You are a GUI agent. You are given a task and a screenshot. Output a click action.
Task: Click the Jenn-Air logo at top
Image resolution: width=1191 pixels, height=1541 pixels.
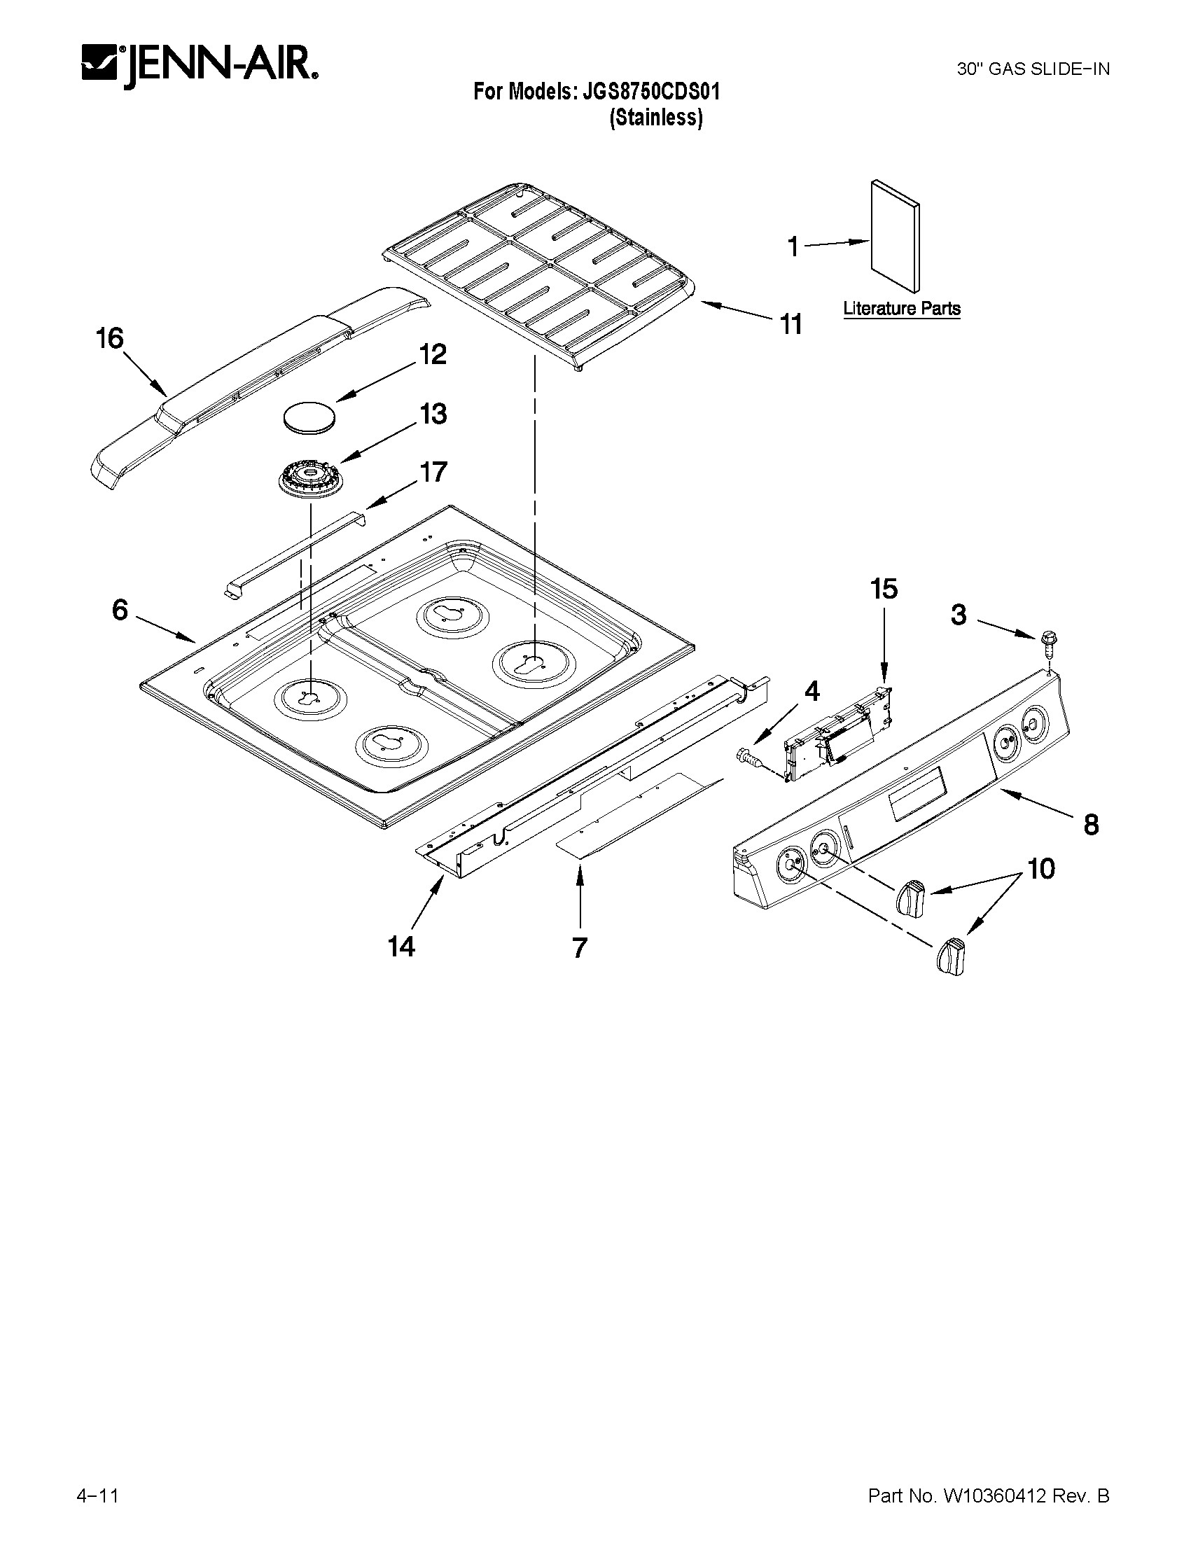point(200,67)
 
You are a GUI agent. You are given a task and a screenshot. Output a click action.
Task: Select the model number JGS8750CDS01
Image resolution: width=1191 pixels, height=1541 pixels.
point(650,92)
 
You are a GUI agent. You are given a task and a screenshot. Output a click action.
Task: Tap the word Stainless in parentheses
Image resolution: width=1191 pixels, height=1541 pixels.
point(655,118)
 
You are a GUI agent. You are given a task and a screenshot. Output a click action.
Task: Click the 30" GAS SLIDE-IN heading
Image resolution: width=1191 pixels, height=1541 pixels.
point(1032,69)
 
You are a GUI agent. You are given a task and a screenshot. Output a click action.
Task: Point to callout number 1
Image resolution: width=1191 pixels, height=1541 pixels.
point(793,247)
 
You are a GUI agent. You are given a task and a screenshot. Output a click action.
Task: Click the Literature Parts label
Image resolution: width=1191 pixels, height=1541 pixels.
point(902,308)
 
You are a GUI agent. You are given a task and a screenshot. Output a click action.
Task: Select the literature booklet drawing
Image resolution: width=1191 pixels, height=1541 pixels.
point(895,235)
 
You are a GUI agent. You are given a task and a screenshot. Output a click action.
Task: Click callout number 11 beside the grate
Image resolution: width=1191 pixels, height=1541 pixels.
point(791,325)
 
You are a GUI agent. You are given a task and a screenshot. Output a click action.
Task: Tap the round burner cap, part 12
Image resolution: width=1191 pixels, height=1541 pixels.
point(308,417)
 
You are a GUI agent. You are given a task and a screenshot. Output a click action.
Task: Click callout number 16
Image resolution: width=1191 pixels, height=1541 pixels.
point(110,339)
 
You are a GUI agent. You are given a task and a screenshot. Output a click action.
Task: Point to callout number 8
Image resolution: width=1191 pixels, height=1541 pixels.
point(1091,824)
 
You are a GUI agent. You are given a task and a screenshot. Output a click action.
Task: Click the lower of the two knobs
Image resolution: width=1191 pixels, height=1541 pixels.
point(950,958)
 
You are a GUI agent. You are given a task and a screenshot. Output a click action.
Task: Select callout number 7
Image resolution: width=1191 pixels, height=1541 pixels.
point(579,947)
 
